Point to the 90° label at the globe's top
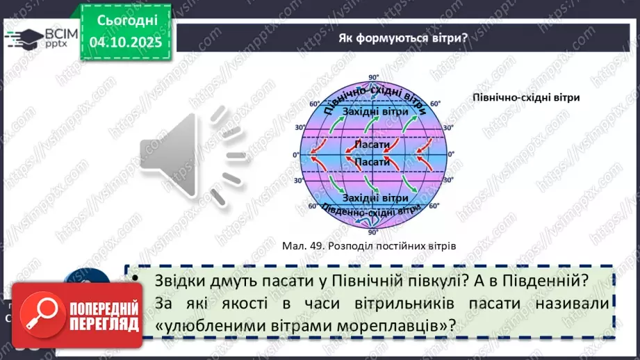pos(373,77)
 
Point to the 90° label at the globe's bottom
pos(373,232)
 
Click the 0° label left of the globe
pos(295,154)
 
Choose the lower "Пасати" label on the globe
pos(371,161)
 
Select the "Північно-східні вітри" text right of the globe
pos(526,98)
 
